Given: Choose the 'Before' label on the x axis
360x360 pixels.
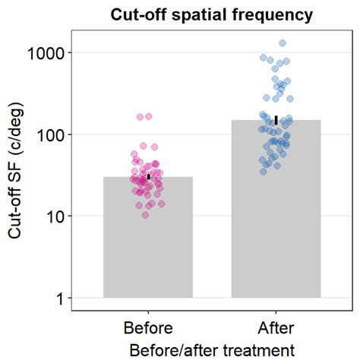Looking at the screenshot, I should tap(148, 328).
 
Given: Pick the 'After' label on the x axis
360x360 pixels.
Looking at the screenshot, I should tap(276, 328).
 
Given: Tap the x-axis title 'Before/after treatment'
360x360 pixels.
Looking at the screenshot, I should tap(212, 349).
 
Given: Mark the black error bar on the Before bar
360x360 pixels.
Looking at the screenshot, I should tap(149, 176).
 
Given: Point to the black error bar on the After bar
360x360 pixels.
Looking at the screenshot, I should tap(276, 120).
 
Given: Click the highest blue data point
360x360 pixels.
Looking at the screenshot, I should tap(283, 43).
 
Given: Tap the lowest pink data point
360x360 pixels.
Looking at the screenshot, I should tap(146, 216).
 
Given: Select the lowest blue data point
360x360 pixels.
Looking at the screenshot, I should tap(264, 172).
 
